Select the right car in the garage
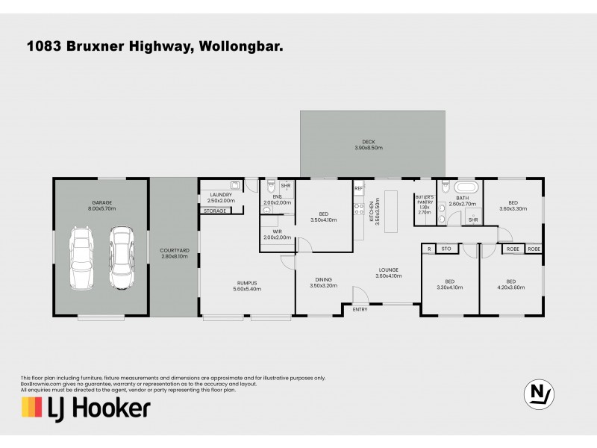pos(122,258)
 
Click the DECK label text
pos(369,145)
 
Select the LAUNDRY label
pos(221,197)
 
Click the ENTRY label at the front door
pos(360,309)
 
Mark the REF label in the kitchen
pos(358,188)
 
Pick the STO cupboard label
pos(446,249)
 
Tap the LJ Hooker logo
pos(85,408)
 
